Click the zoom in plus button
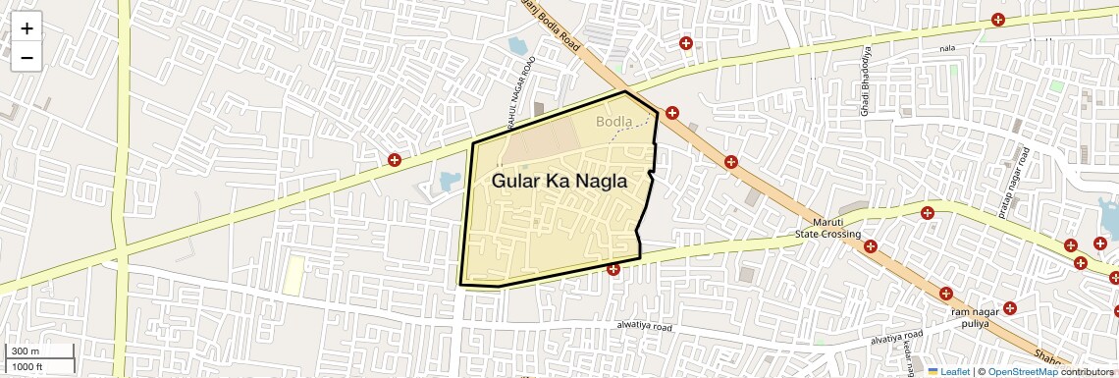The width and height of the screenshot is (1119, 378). [x=27, y=28]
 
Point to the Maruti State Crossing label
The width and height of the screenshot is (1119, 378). [x=827, y=229]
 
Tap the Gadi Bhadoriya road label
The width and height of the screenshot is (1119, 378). [x=866, y=81]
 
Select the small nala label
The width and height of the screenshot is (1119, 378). [x=946, y=48]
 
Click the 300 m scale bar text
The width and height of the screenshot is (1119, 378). [x=26, y=351]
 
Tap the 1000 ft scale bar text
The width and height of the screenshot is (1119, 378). [x=28, y=366]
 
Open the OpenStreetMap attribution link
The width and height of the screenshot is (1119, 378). [x=1022, y=371]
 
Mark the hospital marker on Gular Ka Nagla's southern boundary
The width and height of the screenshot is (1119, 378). [x=613, y=268]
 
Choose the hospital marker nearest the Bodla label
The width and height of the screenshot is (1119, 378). [x=671, y=113]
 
